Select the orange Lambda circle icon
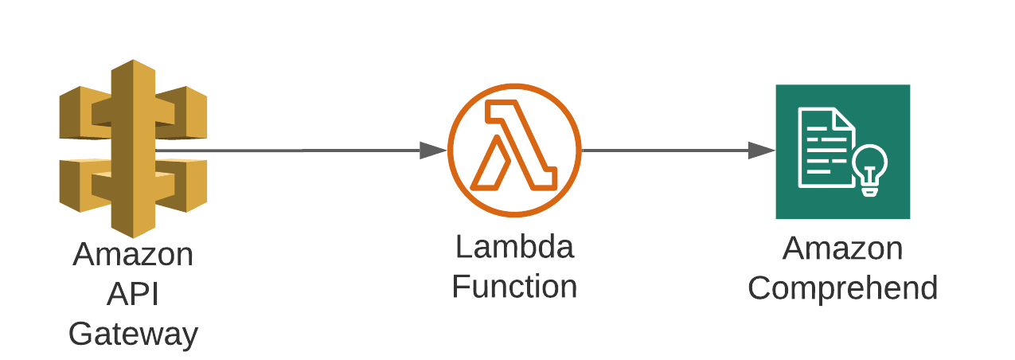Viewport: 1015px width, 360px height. click(x=514, y=150)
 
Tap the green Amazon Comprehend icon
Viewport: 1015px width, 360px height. click(x=842, y=151)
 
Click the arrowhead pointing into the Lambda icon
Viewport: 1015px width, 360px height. click(x=433, y=150)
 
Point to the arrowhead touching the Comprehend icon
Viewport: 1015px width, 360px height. click(x=762, y=150)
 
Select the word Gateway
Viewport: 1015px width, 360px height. click(x=133, y=333)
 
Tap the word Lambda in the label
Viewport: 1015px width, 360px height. click(x=514, y=247)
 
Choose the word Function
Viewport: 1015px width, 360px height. click(x=514, y=287)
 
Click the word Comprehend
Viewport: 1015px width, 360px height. click(x=843, y=288)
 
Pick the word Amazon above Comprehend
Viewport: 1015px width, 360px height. click(x=843, y=248)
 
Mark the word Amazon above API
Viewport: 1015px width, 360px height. click(x=133, y=255)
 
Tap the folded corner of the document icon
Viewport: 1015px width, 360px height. click(x=845, y=120)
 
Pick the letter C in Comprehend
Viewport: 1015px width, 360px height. click(x=761, y=288)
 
